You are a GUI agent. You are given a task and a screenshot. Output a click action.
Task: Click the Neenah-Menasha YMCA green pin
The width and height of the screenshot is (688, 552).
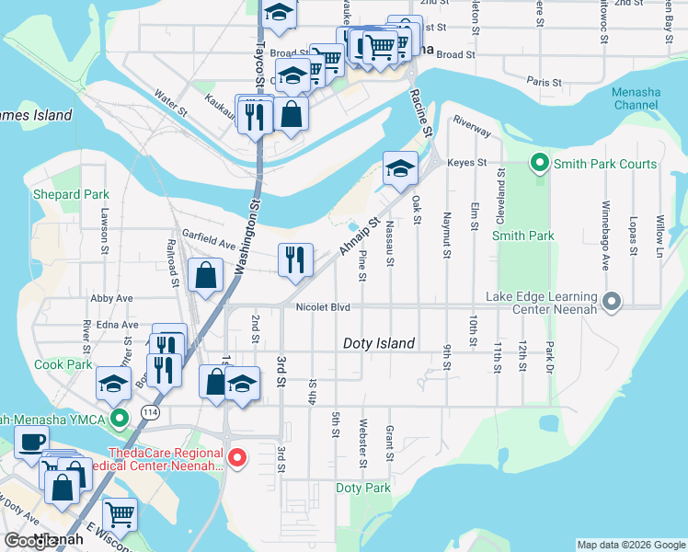tap(118, 420)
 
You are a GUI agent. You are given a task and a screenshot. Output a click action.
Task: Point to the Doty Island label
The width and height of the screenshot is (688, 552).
tap(378, 343)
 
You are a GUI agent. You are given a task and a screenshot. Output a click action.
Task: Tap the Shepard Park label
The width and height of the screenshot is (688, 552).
tap(71, 194)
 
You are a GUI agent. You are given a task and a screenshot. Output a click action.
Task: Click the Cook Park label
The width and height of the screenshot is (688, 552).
tap(63, 364)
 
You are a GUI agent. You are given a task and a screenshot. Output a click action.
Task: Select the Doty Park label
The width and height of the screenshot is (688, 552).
tap(363, 488)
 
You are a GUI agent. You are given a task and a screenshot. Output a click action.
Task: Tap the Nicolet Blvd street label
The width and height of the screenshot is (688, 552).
tap(323, 306)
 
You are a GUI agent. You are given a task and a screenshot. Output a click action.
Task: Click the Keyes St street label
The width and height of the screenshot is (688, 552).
tap(466, 162)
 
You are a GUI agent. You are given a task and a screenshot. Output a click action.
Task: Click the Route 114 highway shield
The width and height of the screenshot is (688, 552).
tap(149, 414)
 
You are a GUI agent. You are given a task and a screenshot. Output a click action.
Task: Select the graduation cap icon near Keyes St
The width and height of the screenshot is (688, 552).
tap(400, 168)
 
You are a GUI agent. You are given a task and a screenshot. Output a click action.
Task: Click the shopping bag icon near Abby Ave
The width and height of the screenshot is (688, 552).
tap(207, 274)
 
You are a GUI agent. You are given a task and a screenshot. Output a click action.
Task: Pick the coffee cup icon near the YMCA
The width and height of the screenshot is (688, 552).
tap(32, 441)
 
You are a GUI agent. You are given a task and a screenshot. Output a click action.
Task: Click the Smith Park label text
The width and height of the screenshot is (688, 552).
tap(522, 236)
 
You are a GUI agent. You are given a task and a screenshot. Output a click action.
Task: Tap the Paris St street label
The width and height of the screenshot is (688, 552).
tap(544, 82)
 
